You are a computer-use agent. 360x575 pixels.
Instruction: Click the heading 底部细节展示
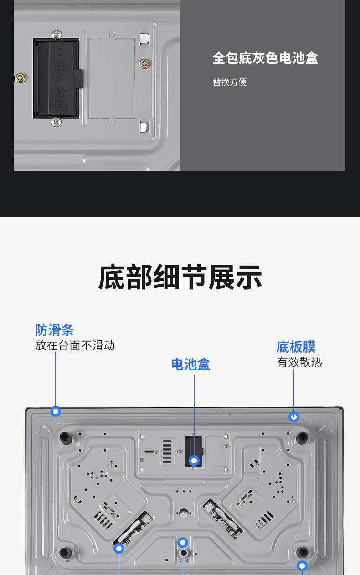coord(180,277)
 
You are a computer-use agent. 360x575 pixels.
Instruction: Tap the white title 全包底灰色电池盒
coord(265,58)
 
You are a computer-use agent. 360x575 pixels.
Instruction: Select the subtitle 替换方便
coord(229,82)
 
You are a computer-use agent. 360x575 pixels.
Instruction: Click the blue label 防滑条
coord(54,330)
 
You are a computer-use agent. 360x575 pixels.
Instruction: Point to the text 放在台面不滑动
coord(75,345)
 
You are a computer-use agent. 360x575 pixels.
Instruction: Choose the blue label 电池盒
coord(190,364)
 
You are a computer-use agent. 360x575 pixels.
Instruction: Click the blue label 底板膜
coord(296,347)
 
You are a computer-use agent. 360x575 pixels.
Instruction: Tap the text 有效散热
coord(299,362)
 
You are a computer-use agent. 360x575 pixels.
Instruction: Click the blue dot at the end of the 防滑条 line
coord(56,411)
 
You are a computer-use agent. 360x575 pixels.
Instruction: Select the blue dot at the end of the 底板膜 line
coord(294,416)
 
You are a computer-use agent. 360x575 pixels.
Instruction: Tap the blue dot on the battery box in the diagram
coord(194,461)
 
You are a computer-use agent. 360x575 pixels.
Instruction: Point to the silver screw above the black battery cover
coord(57,34)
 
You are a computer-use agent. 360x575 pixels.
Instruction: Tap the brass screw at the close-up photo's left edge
coord(20,78)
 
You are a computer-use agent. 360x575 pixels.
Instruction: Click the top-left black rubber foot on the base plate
coord(65,438)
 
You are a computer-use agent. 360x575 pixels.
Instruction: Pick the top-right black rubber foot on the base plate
coord(301,438)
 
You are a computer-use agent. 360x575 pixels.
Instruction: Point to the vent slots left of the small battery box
coord(168,451)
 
